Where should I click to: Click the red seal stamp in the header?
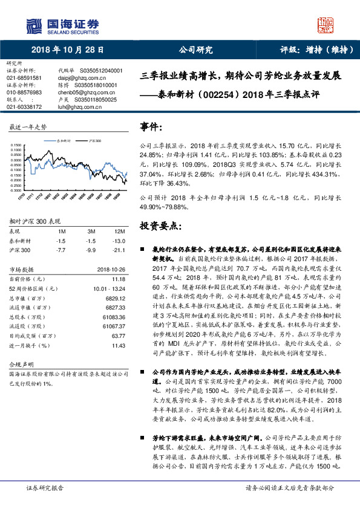coord(327,25)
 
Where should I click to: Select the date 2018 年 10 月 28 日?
coord(68,50)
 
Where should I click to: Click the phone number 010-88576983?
coord(24,92)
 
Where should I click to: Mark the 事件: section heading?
coord(151,128)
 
